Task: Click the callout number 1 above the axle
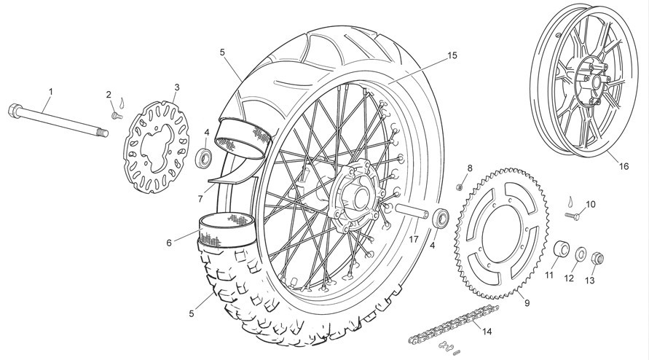click(51, 90)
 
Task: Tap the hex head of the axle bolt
click(15, 110)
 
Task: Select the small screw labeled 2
click(117, 115)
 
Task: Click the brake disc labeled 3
click(156, 146)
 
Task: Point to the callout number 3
click(177, 87)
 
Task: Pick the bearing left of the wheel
click(205, 157)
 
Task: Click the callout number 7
click(200, 199)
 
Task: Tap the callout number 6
click(169, 243)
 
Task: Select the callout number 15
click(452, 55)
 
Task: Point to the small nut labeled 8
click(459, 187)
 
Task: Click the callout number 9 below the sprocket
click(527, 303)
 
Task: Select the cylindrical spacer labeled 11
click(562, 249)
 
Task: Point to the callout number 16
click(624, 166)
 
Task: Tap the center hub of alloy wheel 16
click(595, 81)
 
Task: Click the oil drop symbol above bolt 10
click(572, 201)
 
